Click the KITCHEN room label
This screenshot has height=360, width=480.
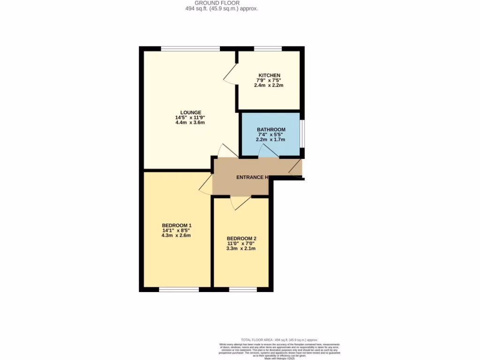270,75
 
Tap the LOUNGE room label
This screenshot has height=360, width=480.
191,112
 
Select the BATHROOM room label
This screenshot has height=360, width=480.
270,129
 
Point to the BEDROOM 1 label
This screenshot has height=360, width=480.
176,225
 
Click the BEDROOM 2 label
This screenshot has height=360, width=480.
241,238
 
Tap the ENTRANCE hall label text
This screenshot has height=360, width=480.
252,177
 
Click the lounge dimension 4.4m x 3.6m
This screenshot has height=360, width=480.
190,122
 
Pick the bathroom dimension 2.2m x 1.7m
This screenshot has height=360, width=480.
270,140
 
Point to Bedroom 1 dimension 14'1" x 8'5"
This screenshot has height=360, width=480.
176,230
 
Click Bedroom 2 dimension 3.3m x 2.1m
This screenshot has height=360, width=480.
241,248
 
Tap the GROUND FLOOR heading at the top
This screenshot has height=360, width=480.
220,3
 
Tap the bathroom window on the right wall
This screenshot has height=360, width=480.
302,134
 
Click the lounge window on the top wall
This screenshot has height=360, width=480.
190,48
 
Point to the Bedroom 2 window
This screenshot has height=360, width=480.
243,289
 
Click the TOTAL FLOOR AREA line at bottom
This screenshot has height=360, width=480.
279,340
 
